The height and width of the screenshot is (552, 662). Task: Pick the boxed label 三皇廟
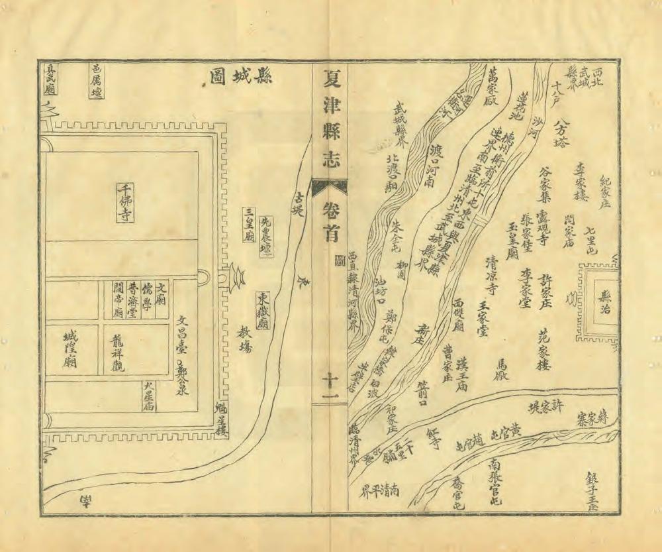point(250,225)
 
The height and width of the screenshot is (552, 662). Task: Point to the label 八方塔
point(563,136)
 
